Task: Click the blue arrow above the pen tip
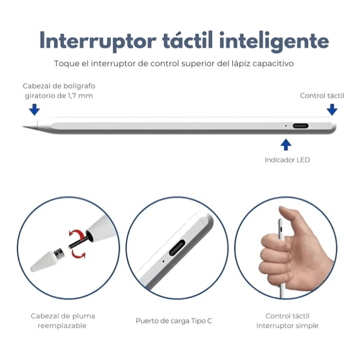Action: click(34, 110)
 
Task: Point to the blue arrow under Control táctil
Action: click(332, 110)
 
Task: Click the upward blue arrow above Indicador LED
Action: click(286, 145)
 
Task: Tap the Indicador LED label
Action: click(287, 160)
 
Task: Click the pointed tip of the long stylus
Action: click(23, 126)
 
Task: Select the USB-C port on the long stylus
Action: click(300, 126)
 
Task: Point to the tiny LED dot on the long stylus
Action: click(286, 126)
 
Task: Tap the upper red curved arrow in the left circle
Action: click(77, 234)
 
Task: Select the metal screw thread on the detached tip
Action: click(59, 254)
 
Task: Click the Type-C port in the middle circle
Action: click(177, 247)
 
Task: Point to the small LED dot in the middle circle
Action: click(163, 261)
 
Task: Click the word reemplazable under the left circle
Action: click(62, 326)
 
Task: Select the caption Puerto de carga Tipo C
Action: click(174, 321)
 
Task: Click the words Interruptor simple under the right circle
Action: click(287, 326)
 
